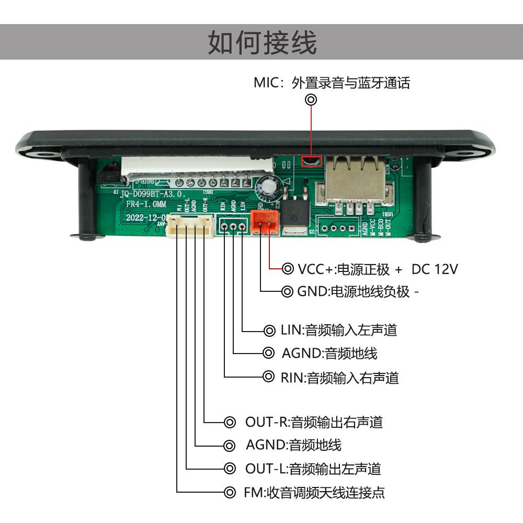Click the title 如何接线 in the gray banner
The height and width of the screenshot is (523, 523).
tap(262, 42)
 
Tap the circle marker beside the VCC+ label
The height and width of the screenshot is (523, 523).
tap(288, 269)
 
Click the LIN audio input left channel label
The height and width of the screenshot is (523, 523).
tap(338, 330)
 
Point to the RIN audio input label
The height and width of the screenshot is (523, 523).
tap(339, 377)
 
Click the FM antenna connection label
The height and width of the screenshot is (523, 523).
tap(314, 492)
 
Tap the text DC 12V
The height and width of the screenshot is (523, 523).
tap(435, 269)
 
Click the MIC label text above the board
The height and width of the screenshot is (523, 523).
tap(332, 83)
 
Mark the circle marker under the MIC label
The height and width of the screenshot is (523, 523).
tap(311, 99)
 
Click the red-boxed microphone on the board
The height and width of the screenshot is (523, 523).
tap(311, 161)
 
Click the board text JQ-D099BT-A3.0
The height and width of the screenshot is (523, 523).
tap(152, 194)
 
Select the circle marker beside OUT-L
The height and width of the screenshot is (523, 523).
tap(229, 469)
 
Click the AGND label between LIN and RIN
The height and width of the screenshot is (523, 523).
tap(329, 354)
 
